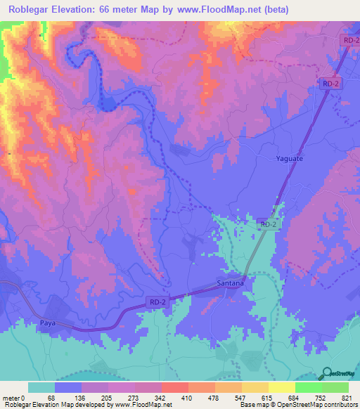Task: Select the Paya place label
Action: point(49,320)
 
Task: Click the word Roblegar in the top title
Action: point(34,11)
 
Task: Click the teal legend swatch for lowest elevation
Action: point(41,387)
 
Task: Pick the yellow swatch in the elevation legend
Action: point(282,387)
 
